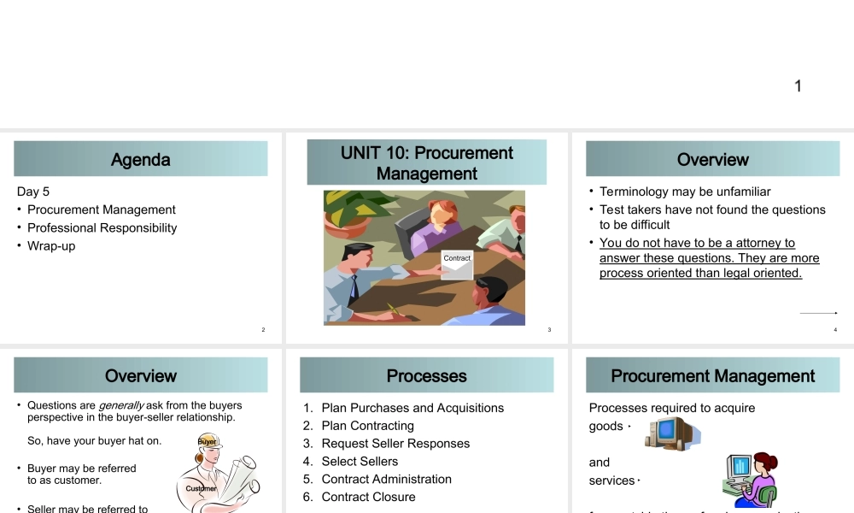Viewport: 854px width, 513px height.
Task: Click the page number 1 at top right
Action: click(x=798, y=85)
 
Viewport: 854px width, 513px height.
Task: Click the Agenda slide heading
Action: click(x=141, y=160)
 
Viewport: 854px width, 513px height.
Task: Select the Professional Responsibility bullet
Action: click(x=102, y=227)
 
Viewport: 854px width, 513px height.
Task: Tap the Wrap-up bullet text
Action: click(x=51, y=245)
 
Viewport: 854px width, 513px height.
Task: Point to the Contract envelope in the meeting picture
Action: click(x=457, y=264)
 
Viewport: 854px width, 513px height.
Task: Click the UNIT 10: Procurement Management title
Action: click(x=427, y=162)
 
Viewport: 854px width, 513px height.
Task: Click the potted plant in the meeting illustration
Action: click(x=350, y=209)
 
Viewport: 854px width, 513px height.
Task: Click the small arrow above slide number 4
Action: click(x=818, y=313)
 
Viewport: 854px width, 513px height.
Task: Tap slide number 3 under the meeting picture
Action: click(x=549, y=330)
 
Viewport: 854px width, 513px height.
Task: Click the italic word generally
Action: click(x=121, y=405)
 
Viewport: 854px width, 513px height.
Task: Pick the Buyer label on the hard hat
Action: click(x=208, y=441)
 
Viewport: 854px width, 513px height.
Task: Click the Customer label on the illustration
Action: click(x=202, y=488)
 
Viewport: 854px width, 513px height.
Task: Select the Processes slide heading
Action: click(x=427, y=376)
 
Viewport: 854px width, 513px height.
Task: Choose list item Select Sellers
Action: click(x=360, y=461)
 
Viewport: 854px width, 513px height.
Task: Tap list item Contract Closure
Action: click(x=368, y=497)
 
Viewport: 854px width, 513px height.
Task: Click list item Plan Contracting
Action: click(x=367, y=426)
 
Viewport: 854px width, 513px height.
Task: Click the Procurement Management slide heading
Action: click(x=713, y=376)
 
